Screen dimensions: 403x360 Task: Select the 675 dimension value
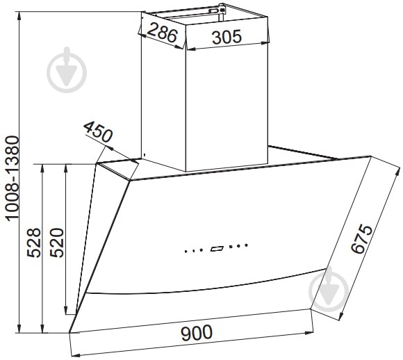[361, 239]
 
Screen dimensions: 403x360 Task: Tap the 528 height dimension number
[34, 243]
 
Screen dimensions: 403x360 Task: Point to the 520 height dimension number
[56, 243]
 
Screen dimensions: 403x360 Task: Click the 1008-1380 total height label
[13, 179]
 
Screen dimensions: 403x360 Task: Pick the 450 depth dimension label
[98, 132]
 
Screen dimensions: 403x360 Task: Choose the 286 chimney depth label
[162, 32]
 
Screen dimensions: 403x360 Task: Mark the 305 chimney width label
[227, 37]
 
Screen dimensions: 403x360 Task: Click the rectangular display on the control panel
[217, 249]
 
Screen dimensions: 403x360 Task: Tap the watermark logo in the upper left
[67, 70]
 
